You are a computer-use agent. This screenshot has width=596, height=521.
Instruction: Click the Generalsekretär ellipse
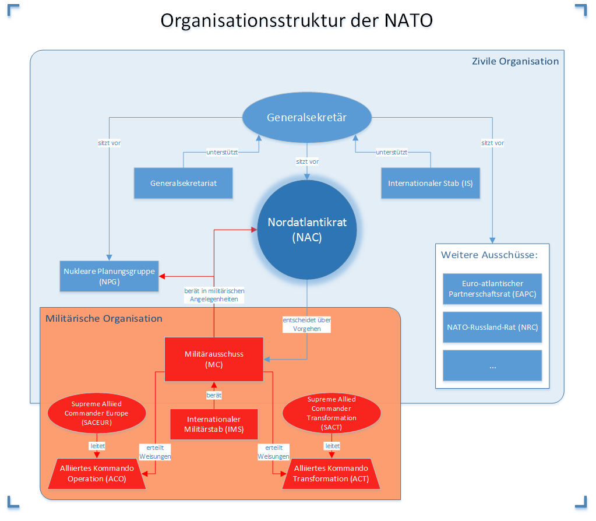[307, 118]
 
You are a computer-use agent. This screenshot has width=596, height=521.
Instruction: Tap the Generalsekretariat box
[184, 183]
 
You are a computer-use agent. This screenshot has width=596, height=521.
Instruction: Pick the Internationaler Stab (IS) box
[431, 183]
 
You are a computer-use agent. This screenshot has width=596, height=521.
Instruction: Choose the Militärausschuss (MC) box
[214, 359]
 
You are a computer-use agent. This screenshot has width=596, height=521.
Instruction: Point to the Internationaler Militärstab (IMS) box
[214, 424]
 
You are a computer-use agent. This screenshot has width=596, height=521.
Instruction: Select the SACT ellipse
[331, 413]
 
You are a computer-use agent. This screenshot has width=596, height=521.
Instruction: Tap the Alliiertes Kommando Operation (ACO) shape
[97, 473]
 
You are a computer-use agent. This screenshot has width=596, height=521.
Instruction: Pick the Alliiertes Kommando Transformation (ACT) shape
[331, 473]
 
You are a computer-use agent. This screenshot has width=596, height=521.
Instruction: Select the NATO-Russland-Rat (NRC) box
[492, 328]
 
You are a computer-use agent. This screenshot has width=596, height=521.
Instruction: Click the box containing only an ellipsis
[492, 365]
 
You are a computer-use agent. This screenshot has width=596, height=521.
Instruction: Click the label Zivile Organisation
[515, 61]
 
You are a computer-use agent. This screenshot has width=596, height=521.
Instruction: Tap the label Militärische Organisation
[104, 318]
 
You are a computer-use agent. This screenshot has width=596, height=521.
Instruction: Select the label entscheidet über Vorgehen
[307, 324]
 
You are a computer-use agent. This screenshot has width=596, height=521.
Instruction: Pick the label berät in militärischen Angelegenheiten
[214, 294]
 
